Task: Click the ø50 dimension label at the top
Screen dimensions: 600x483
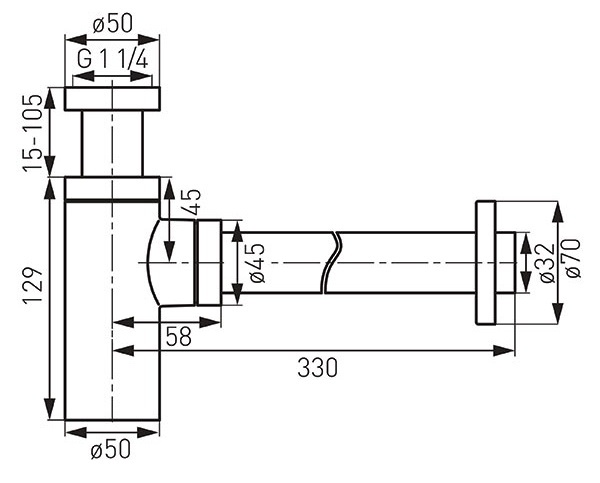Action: (x=112, y=24)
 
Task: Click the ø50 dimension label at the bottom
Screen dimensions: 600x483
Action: (x=111, y=449)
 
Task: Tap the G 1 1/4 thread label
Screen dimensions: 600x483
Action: (x=112, y=60)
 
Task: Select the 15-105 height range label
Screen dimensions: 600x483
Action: (x=32, y=133)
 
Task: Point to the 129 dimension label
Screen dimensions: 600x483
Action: (x=33, y=285)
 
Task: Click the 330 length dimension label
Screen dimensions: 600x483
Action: (x=317, y=368)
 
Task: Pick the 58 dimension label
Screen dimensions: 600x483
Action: (x=178, y=337)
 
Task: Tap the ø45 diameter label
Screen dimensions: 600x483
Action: (x=257, y=263)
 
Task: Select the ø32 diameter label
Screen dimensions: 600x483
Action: (x=547, y=263)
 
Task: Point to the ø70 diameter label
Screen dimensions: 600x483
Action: (x=573, y=258)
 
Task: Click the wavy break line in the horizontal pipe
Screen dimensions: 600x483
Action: (x=331, y=263)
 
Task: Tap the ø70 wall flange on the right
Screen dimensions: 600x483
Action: (x=486, y=263)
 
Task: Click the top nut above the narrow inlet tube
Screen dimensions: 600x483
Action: (x=112, y=99)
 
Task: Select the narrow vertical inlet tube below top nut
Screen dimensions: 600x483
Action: (x=112, y=144)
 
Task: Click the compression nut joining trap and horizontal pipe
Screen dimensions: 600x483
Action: (x=209, y=263)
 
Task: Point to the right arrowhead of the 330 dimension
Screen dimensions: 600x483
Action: (x=504, y=350)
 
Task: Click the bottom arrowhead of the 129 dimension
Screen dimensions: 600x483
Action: (x=49, y=409)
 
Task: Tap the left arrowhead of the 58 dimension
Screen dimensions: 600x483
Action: (x=124, y=322)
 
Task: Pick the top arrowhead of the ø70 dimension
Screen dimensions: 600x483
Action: (x=558, y=211)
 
